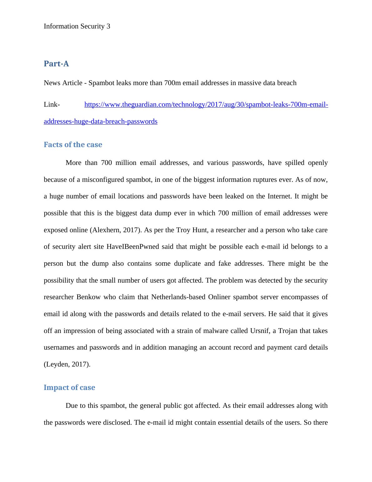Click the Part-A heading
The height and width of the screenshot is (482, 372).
[x=56, y=64]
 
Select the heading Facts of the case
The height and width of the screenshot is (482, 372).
[x=73, y=145]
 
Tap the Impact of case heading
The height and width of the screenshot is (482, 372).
[x=69, y=387]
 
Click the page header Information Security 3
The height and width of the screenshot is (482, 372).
[x=77, y=26]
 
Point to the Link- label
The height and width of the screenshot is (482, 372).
[x=52, y=105]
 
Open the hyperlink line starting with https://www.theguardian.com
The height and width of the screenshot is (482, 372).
[x=206, y=105]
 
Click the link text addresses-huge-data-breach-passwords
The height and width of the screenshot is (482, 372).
[x=101, y=121]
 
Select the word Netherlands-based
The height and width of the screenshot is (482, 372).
[x=178, y=297]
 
